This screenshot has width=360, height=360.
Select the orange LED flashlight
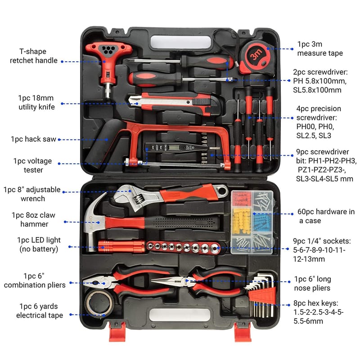[121, 246]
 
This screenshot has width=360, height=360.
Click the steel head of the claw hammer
[93, 220]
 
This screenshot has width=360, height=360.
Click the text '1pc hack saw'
[33, 139]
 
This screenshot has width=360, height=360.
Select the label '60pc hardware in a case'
[326, 216]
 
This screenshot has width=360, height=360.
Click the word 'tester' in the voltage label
[33, 170]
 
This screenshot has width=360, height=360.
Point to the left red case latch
[117, 332]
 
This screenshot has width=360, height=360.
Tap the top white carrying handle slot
[180, 42]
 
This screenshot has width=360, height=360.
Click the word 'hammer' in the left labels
[34, 224]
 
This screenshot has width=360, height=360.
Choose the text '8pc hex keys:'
[316, 303]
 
